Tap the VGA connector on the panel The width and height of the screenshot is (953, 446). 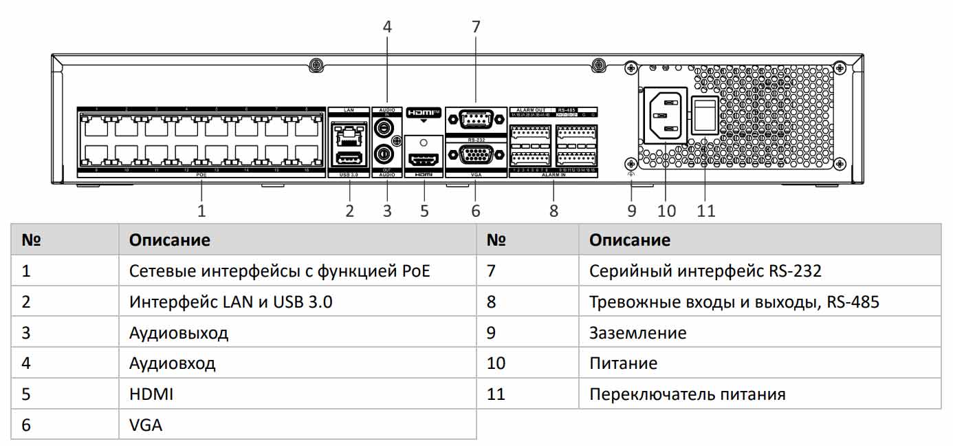pyautogui.click(x=475, y=156)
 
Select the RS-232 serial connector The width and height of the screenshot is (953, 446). pyautogui.click(x=475, y=120)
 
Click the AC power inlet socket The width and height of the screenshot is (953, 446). pyautogui.click(x=665, y=116)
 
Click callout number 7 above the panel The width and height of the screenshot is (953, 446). pyautogui.click(x=476, y=27)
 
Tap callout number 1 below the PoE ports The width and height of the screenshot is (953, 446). pyautogui.click(x=201, y=210)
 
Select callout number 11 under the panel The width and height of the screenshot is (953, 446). pyautogui.click(x=706, y=210)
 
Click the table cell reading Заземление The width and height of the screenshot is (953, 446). pyautogui.click(x=637, y=333)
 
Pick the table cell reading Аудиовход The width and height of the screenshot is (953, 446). pyautogui.click(x=172, y=363)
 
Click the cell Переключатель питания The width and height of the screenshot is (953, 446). pyautogui.click(x=687, y=394)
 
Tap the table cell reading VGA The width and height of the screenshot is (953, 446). pyautogui.click(x=146, y=425)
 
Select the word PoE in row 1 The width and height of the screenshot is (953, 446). pyautogui.click(x=415, y=271)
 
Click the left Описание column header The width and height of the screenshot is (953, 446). pyautogui.click(x=170, y=240)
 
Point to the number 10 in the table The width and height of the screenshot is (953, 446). pyautogui.click(x=496, y=363)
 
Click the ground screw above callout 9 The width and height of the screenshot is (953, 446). pyautogui.click(x=631, y=164)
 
